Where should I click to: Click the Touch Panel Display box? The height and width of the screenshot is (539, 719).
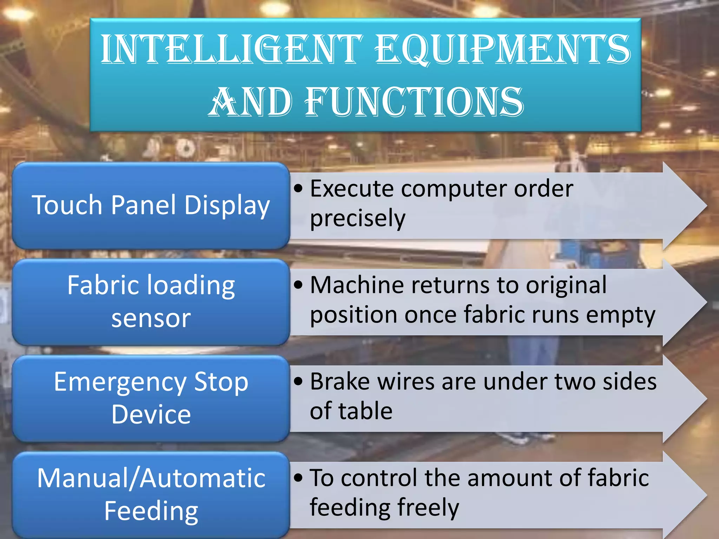151,205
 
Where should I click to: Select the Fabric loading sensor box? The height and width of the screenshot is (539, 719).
151,302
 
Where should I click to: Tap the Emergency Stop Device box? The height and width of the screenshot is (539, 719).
151,398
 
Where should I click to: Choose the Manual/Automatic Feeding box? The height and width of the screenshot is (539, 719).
151,495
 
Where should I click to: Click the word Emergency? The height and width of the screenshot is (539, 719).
120,382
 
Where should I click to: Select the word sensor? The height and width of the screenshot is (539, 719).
151,318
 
